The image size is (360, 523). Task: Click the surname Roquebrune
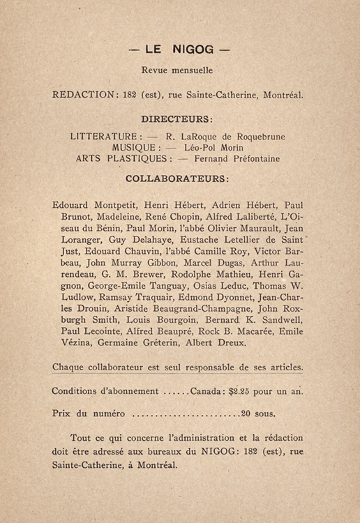[x=257, y=137]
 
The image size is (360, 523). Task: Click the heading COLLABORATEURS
[x=177, y=179]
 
